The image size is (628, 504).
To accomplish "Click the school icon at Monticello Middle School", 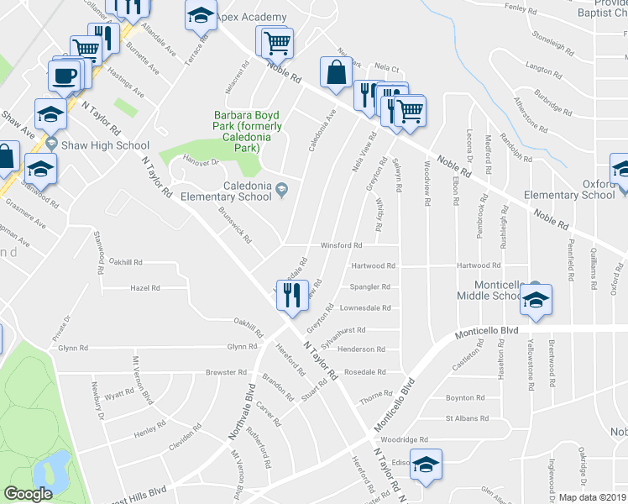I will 534,299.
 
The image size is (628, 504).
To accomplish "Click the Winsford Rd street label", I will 341,246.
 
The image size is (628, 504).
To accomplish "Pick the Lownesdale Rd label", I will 365,307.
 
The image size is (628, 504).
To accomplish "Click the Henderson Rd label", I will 361,349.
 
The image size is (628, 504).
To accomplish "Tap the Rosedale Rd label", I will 365,371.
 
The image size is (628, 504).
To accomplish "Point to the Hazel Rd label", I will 144,287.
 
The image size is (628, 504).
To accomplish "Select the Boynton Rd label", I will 465,397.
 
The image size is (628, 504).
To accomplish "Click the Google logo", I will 28,494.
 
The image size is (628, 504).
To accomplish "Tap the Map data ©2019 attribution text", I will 592,497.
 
